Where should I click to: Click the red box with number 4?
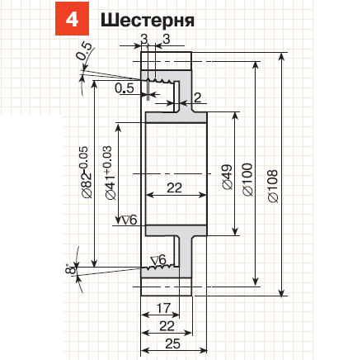click(72, 19)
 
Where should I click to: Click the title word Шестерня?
click(148, 21)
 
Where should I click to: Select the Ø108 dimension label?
click(273, 186)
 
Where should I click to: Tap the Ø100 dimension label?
click(248, 180)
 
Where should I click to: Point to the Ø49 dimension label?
click(228, 178)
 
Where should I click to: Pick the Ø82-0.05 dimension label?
click(85, 173)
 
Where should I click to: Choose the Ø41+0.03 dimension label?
click(109, 173)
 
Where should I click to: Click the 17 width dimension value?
click(163, 308)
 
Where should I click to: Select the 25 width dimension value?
click(173, 343)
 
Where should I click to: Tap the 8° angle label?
click(71, 268)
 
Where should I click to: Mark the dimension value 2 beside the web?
click(197, 97)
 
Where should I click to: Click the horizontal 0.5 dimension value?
click(125, 88)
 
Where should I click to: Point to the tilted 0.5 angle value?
click(84, 51)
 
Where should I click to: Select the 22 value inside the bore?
click(175, 188)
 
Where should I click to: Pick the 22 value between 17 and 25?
click(167, 326)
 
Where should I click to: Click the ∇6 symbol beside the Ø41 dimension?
click(129, 220)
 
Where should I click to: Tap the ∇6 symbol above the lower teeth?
click(159, 259)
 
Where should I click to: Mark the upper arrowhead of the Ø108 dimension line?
click(281, 57)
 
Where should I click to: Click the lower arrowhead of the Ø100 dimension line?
click(256, 281)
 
